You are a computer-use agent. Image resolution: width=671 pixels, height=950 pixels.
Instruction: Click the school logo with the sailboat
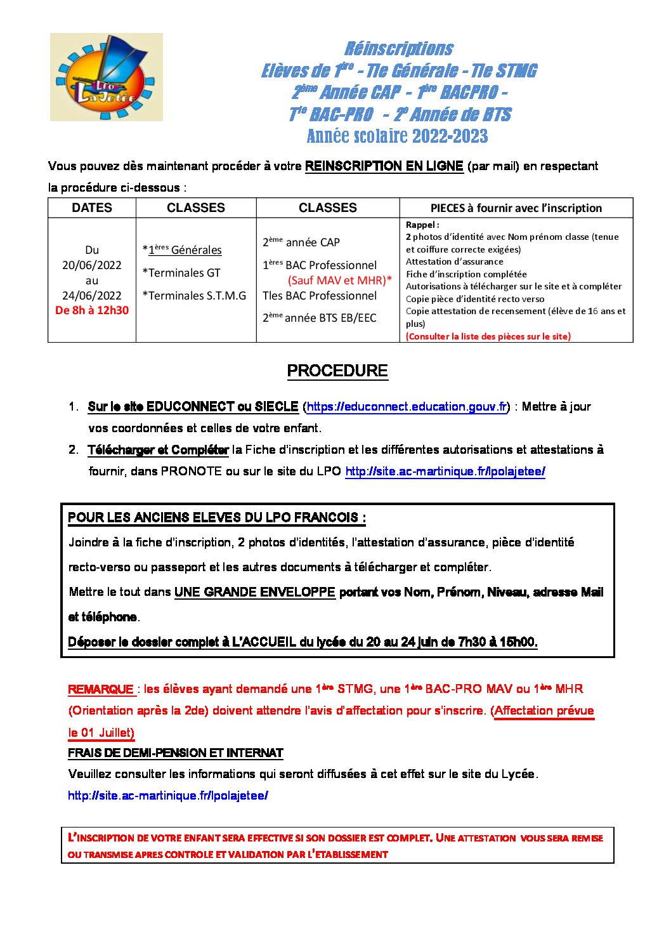click(x=106, y=77)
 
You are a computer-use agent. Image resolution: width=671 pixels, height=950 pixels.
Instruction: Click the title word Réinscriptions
click(x=399, y=49)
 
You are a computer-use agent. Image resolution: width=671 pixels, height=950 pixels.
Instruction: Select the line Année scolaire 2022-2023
click(x=397, y=136)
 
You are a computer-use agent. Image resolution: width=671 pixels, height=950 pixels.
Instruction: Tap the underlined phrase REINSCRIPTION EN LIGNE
click(x=384, y=166)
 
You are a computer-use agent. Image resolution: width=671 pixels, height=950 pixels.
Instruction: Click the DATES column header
click(x=92, y=208)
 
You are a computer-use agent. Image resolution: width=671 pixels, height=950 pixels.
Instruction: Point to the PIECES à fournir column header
click(x=516, y=208)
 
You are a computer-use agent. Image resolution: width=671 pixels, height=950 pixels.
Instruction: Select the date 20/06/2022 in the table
click(x=92, y=265)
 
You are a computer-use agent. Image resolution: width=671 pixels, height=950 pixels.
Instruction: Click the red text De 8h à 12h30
click(x=92, y=310)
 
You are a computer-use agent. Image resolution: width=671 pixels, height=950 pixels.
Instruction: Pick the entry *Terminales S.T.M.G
click(x=194, y=296)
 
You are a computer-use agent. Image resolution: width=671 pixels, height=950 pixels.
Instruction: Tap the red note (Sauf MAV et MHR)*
click(x=340, y=280)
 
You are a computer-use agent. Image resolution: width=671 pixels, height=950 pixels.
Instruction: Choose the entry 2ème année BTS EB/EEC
click(x=319, y=318)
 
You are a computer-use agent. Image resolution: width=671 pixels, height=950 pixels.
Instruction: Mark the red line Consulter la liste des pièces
click(x=488, y=336)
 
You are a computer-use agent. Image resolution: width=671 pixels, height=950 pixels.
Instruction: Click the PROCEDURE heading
click(x=337, y=371)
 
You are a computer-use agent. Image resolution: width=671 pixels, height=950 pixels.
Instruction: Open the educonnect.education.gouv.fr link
click(x=407, y=407)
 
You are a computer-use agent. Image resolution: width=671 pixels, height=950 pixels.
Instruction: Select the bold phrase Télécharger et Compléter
click(x=158, y=450)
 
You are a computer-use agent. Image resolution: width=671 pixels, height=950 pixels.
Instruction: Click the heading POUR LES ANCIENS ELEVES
click(x=216, y=518)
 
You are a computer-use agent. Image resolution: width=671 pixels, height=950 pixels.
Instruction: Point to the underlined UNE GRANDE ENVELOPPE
click(x=254, y=592)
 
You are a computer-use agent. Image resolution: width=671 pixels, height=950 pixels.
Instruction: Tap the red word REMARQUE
click(x=101, y=689)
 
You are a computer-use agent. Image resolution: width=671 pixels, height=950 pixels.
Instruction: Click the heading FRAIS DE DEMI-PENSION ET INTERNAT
click(x=175, y=753)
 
